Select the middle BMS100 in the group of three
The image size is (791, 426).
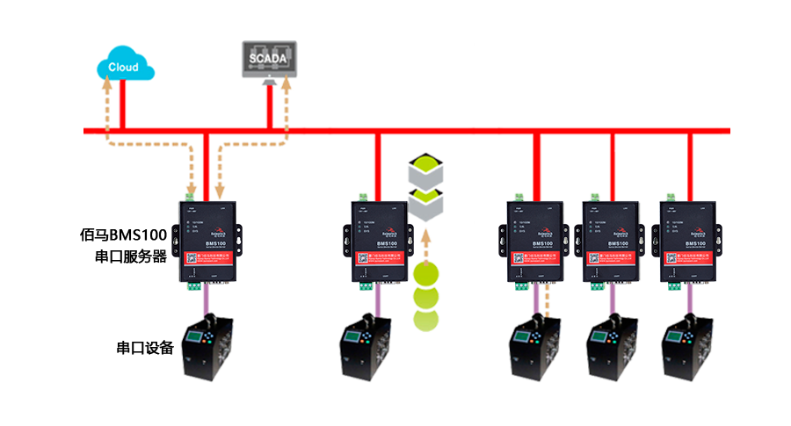(606, 242)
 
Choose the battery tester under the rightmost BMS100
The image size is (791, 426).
(688, 351)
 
